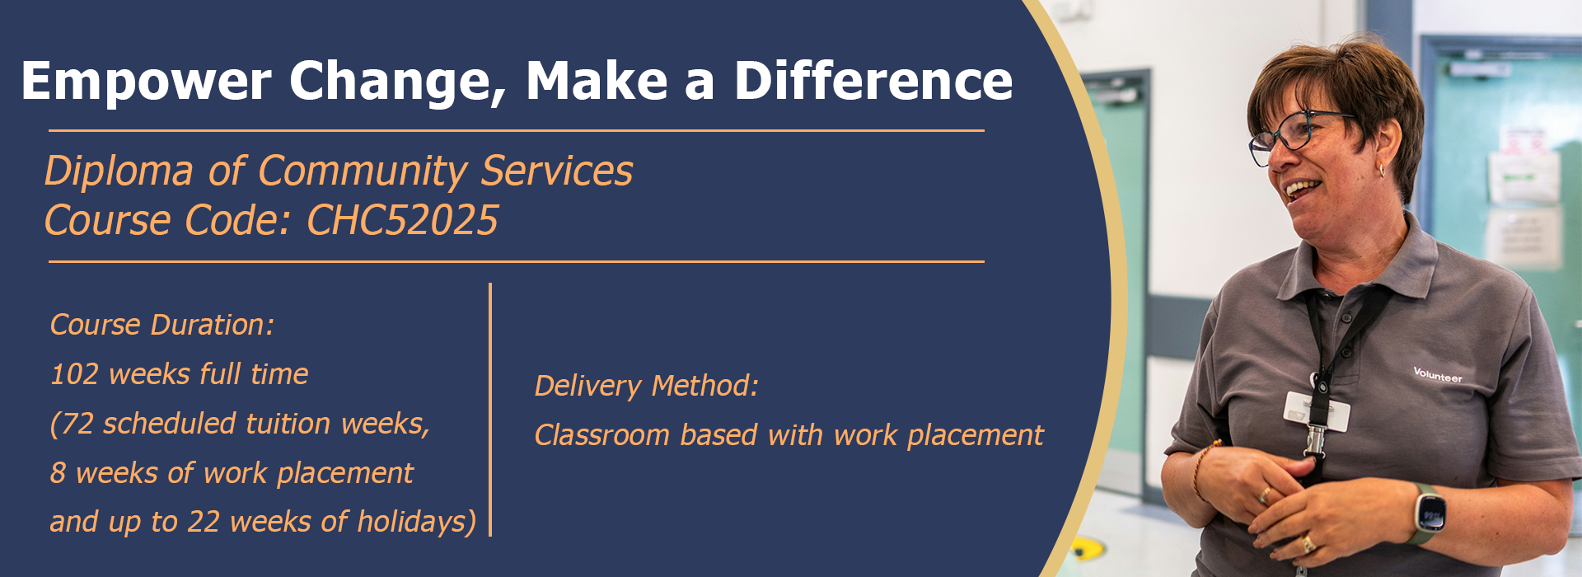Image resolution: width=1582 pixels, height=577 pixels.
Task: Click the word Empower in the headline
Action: click(146, 82)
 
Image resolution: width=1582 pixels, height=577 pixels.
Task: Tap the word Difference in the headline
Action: click(873, 81)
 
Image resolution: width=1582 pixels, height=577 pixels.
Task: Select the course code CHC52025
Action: click(402, 220)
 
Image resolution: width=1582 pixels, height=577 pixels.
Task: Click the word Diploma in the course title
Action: click(119, 171)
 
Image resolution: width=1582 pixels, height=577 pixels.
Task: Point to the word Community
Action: click(363, 171)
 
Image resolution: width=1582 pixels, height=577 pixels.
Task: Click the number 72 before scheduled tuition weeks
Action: click(77, 424)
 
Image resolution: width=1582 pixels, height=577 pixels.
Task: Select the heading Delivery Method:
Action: click(647, 386)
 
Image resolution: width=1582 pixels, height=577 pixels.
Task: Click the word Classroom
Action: click(602, 434)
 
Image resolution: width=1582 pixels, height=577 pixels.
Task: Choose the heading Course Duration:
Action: click(162, 325)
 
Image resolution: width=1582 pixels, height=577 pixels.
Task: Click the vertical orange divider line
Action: click(490, 410)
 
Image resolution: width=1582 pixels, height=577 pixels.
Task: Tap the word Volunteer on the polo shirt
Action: click(1438, 375)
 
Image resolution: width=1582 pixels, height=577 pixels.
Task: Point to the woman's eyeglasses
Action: click(1298, 134)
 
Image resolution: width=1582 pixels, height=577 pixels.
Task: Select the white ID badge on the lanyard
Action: click(1317, 410)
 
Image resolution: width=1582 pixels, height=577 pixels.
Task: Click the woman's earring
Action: click(1382, 170)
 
